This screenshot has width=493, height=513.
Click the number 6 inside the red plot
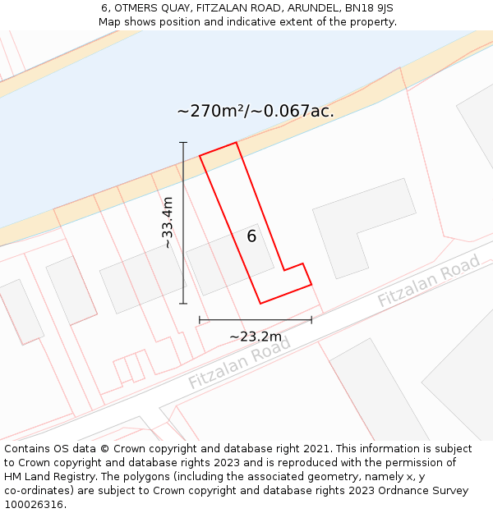pos(251,236)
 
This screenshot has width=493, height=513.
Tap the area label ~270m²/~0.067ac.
pos(256,111)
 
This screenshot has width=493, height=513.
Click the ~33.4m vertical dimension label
pos(168,222)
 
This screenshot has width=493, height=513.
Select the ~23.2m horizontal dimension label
pos(256,337)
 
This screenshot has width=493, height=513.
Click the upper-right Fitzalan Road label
pos(428,281)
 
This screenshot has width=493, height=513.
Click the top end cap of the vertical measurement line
pos(183,143)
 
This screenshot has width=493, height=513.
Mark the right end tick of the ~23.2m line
pos(311,319)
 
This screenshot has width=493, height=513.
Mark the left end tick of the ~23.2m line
pos(200,319)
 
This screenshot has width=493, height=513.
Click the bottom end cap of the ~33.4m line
pos(183,304)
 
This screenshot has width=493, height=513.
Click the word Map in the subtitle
pos(109,21)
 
